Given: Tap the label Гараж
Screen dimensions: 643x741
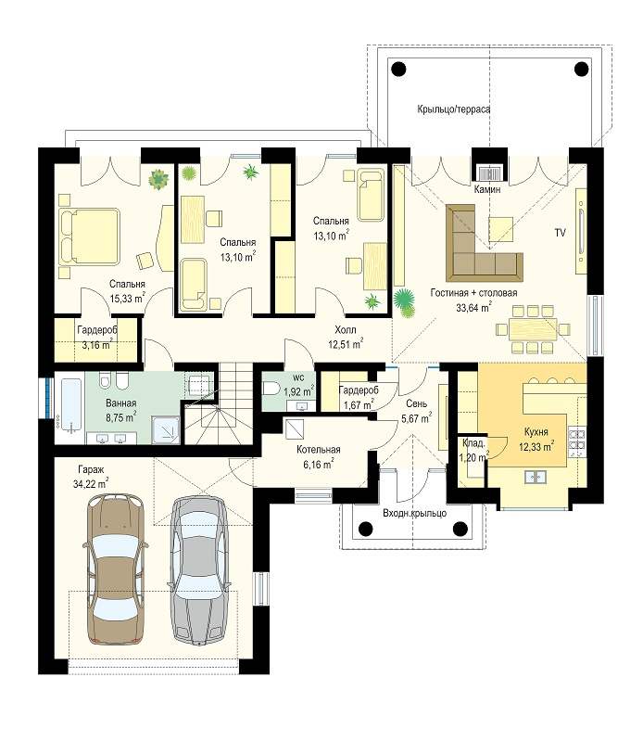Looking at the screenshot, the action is [x=91, y=470].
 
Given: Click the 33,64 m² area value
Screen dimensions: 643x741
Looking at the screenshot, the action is [x=473, y=308].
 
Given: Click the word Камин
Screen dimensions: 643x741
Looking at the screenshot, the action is [x=487, y=190].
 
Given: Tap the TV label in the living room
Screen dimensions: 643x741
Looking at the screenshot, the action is [x=560, y=233].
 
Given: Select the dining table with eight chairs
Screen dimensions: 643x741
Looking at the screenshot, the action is [x=533, y=329].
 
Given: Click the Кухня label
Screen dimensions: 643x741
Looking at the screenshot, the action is [x=536, y=431].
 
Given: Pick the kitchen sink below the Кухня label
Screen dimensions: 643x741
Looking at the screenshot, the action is [x=536, y=477].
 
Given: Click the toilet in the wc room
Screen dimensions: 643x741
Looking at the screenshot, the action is [x=271, y=389].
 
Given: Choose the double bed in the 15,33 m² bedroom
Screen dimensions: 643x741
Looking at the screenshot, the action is [x=89, y=236].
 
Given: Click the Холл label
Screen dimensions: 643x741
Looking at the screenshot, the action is [x=345, y=329].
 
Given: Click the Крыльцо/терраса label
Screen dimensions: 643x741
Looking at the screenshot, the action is [x=454, y=109].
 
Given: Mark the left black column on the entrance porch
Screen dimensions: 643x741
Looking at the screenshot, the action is [x=366, y=529].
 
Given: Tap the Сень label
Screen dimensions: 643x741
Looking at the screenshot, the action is [x=416, y=403].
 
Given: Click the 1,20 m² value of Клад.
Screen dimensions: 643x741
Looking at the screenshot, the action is [x=474, y=457].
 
